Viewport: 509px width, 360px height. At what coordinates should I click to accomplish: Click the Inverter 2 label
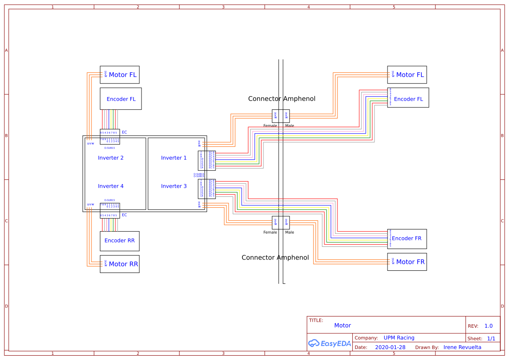click(x=111, y=158)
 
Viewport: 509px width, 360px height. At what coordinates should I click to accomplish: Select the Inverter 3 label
click(x=174, y=186)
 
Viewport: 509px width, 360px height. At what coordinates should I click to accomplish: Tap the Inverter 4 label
click(x=111, y=186)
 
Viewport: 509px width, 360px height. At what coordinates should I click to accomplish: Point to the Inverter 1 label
click(x=174, y=158)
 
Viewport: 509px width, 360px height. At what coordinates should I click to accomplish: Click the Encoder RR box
click(x=120, y=241)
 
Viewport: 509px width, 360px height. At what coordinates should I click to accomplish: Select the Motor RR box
click(x=120, y=264)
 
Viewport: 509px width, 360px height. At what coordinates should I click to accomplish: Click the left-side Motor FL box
click(x=120, y=75)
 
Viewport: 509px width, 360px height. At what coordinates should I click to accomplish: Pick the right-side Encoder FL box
click(x=408, y=98)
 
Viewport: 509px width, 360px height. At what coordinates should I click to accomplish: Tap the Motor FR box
click(x=407, y=262)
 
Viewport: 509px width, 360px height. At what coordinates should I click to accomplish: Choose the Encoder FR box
click(x=407, y=239)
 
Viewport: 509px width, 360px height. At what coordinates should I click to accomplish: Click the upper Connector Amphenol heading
click(x=282, y=99)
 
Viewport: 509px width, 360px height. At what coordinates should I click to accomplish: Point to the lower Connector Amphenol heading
click(x=275, y=258)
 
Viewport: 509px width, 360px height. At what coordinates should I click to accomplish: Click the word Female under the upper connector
click(x=270, y=126)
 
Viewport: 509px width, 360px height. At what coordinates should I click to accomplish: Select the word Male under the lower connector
click(x=290, y=232)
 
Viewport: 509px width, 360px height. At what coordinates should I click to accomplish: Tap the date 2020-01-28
click(x=390, y=347)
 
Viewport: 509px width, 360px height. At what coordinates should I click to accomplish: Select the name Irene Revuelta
click(x=462, y=347)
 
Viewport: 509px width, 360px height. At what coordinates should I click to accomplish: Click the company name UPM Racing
click(x=399, y=338)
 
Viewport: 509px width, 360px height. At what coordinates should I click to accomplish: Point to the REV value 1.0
click(x=489, y=326)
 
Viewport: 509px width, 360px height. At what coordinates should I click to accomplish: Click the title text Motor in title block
click(x=343, y=326)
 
